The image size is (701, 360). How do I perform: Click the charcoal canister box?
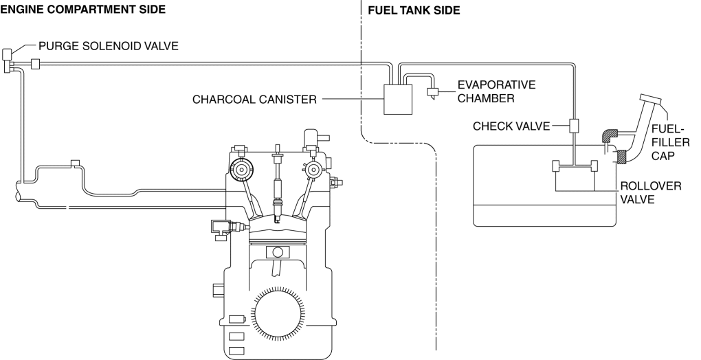coord(396,100)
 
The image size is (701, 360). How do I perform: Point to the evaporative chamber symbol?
coord(434,91)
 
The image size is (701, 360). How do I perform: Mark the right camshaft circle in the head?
coord(313,168)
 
